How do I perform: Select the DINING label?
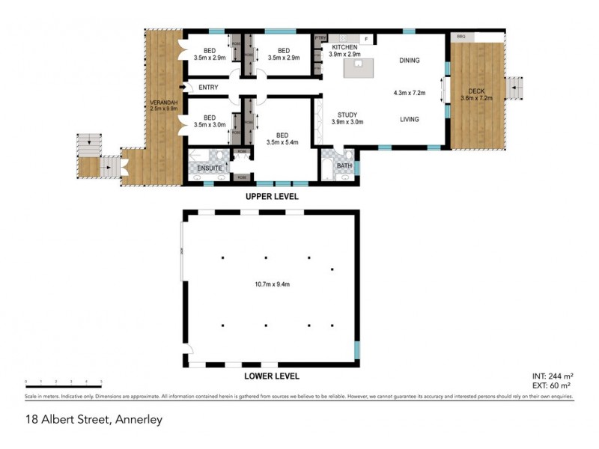coord(409,61)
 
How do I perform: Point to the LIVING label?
coord(409,119)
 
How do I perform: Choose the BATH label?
coord(344,165)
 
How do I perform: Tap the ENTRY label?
coord(209,88)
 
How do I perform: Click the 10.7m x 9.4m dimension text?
coord(270,284)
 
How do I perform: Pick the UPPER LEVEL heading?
coord(272,197)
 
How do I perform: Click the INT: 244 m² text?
coord(552,375)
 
